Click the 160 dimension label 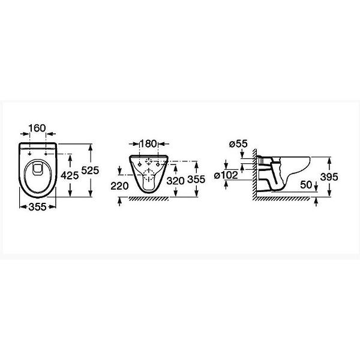37,128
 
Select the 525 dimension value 90,170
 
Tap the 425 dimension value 70,176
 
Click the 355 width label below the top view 38,207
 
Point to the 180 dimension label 149,144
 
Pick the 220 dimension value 119,186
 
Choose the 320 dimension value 176,181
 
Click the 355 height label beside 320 196,179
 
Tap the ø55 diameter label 239,144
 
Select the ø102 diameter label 226,175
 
